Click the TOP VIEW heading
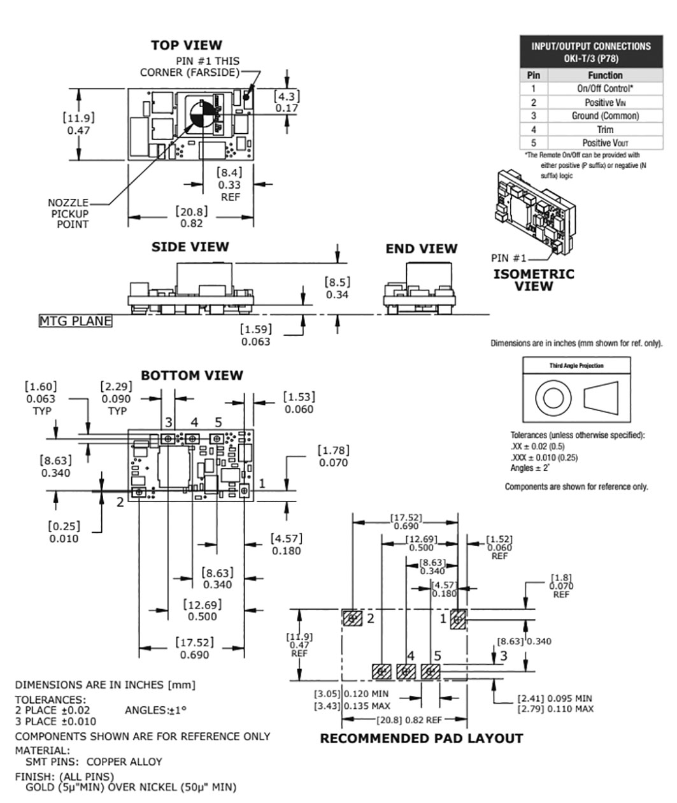pos(187,45)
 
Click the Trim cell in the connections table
pos(605,129)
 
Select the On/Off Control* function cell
pos(605,89)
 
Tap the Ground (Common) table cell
pos(605,116)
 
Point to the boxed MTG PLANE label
pos(75,321)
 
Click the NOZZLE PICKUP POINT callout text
pos(68,213)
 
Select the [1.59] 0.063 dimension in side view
pos(256,335)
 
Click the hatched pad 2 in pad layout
pos(352,618)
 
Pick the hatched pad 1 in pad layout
pos(459,619)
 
